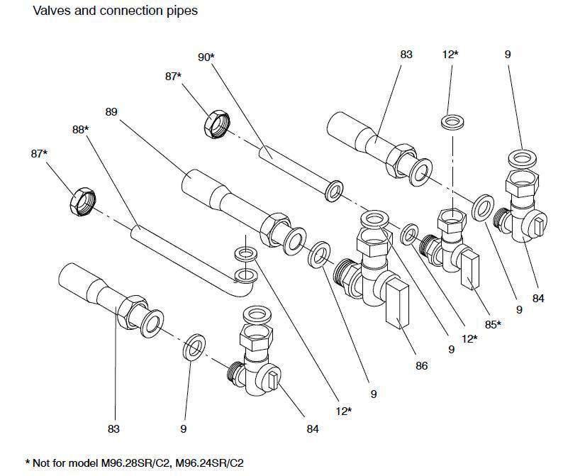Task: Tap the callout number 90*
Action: click(206, 57)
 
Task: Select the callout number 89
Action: click(111, 112)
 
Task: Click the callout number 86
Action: click(423, 365)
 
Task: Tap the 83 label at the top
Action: click(406, 54)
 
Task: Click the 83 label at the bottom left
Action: click(113, 428)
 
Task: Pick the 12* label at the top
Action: click(451, 54)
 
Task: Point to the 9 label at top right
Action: click(527, 54)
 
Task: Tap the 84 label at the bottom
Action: click(313, 428)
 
